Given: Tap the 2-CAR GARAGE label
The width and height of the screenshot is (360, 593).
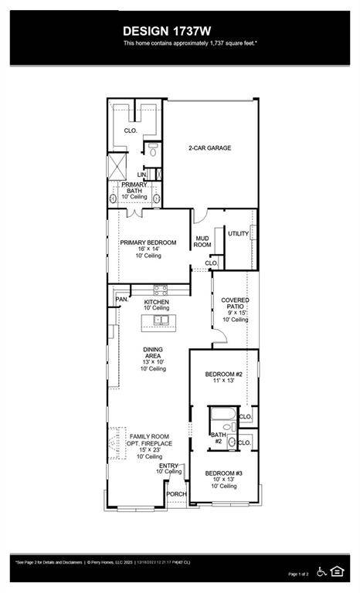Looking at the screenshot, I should coord(210,148).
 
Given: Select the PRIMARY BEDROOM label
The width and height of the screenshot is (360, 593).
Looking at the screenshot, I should coord(148,242).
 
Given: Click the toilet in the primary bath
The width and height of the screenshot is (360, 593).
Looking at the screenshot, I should coord(153,150).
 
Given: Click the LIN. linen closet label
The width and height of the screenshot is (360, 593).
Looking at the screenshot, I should coord(143,175).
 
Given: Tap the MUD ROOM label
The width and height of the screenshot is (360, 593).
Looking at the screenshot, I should coord(202,242).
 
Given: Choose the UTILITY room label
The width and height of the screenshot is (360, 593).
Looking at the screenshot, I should coord(238,233).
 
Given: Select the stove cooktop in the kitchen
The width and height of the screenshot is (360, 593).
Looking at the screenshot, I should coord(161,290).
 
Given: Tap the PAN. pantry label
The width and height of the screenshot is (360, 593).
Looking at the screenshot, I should coord(121,299).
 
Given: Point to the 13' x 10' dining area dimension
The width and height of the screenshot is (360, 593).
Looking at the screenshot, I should coord(152,362).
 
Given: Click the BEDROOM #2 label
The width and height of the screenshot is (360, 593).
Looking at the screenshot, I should coord(223,374).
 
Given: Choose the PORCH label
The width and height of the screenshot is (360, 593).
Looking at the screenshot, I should coord(176,494).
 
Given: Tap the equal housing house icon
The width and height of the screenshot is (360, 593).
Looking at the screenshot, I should coord(337,571).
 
